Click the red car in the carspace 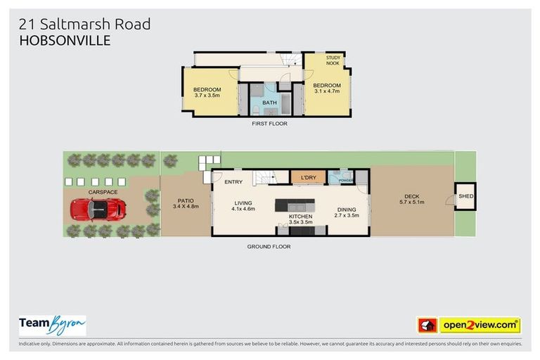click(x=98, y=209)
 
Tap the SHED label click(x=465, y=197)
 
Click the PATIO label click(x=185, y=200)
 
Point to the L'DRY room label click(x=309, y=177)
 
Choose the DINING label click(x=347, y=210)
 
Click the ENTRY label click(x=234, y=182)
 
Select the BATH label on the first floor click(x=270, y=103)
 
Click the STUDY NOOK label click(x=333, y=60)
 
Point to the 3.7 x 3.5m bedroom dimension click(x=207, y=96)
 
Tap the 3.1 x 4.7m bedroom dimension click(x=327, y=91)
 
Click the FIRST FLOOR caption click(x=270, y=124)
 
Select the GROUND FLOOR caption click(x=269, y=246)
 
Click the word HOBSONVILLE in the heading click(x=65, y=41)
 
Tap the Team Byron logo click(x=52, y=325)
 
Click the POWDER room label click(x=345, y=180)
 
